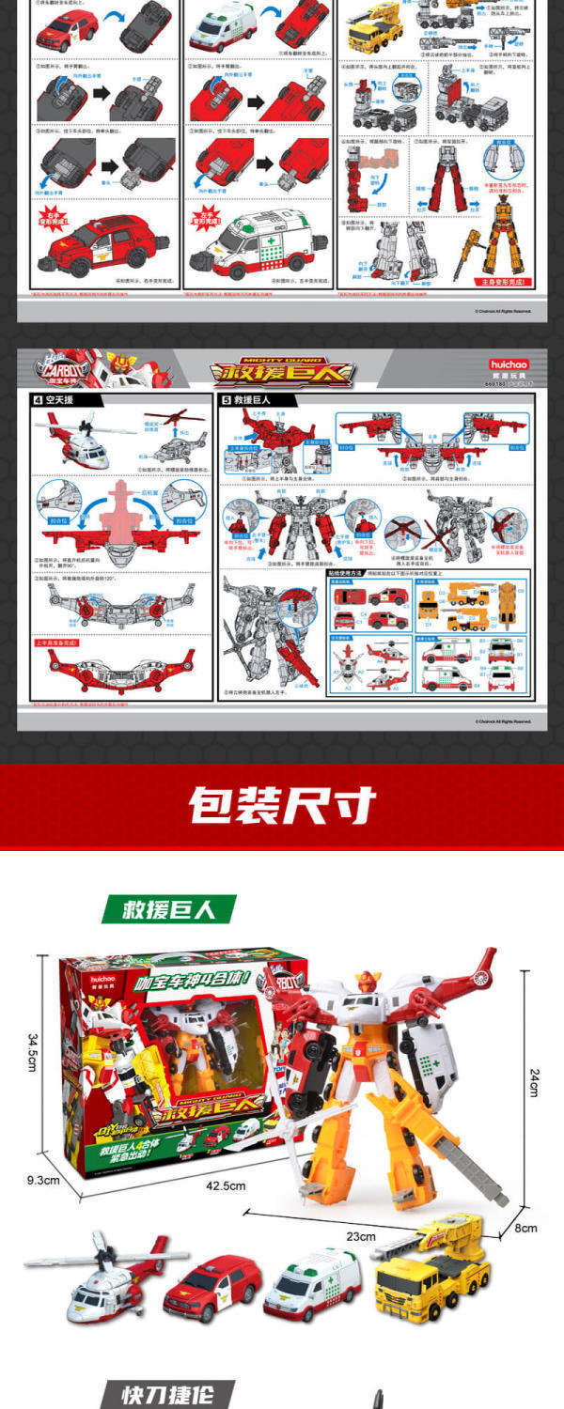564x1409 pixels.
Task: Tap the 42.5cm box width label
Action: (x=226, y=1185)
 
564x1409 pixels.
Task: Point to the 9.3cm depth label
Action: (x=42, y=1180)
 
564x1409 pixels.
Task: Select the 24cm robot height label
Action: (x=533, y=1083)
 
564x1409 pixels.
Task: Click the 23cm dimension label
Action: (x=360, y=1236)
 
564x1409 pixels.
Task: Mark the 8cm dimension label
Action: (x=525, y=1228)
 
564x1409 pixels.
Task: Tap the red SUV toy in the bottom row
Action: (x=212, y=1288)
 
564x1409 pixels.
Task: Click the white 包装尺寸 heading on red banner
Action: (x=281, y=805)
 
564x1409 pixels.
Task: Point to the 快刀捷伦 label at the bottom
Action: (x=165, y=1395)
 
